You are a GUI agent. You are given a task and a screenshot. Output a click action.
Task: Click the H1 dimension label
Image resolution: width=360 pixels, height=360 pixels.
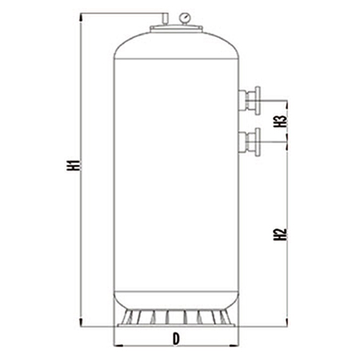click(73, 170)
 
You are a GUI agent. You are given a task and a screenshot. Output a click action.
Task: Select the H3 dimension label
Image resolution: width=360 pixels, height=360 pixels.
click(280, 122)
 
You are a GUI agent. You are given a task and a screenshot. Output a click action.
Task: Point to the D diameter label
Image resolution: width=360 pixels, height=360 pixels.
click(175, 339)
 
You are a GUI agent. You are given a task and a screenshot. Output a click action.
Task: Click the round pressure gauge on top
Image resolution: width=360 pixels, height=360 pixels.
click(185, 15)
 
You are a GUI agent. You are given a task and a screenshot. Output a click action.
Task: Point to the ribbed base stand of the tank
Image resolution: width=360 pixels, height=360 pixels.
click(176, 318)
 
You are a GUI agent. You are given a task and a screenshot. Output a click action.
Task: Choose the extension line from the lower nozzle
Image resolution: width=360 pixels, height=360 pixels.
click(276, 142)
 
